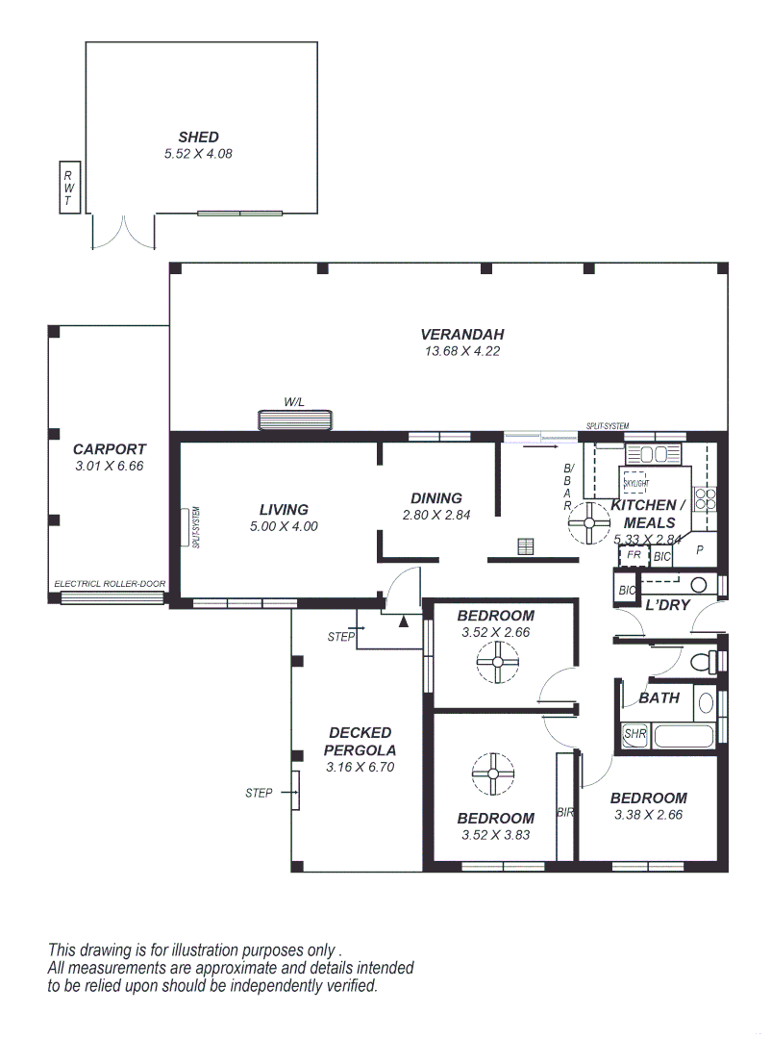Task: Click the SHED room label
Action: (198, 137)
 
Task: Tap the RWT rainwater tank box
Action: (68, 188)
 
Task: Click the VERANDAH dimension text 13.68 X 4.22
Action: (461, 351)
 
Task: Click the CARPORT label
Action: (110, 448)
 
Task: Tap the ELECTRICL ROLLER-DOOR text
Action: (110, 584)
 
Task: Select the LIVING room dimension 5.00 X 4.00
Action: (283, 526)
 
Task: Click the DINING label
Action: (436, 498)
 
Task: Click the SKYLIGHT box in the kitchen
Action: (635, 482)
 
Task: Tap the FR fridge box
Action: (634, 556)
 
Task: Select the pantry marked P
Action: (700, 550)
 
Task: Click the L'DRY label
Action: (667, 605)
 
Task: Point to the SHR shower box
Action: (634, 734)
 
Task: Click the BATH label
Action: (659, 697)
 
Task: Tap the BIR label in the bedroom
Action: (565, 812)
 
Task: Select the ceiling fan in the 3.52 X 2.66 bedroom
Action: (497, 662)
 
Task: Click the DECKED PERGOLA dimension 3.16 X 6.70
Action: (360, 768)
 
